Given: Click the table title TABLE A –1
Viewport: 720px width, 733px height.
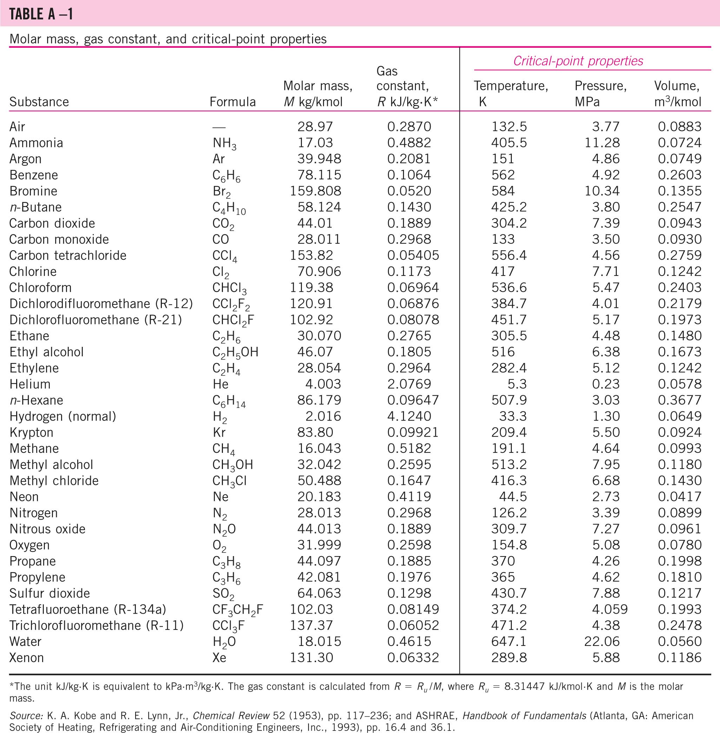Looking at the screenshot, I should [41, 14].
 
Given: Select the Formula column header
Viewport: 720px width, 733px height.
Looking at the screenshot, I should [232, 102].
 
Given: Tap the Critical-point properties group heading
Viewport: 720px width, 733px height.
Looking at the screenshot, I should [578, 61].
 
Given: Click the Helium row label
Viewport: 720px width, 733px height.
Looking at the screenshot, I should [30, 384].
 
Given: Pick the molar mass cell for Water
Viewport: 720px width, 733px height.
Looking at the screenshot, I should [319, 641].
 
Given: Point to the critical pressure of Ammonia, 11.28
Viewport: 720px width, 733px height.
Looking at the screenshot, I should [602, 143].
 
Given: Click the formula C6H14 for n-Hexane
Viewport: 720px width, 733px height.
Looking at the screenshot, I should [229, 401].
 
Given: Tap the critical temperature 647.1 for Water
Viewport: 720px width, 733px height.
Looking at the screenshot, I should [509, 641].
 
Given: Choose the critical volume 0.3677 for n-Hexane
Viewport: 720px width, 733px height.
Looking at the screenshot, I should [680, 400].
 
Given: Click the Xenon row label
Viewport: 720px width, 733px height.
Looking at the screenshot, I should [26, 658].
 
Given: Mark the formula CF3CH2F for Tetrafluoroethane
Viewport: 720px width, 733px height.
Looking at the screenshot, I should [237, 610].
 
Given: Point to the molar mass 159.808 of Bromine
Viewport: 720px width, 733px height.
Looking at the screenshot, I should [315, 191].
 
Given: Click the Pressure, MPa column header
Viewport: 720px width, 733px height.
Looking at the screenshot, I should [600, 94].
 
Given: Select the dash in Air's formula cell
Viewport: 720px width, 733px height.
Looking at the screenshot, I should [219, 127].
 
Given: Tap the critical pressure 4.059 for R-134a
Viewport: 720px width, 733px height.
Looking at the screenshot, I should [609, 609].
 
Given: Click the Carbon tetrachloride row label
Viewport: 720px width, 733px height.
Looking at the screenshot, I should [68, 255].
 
